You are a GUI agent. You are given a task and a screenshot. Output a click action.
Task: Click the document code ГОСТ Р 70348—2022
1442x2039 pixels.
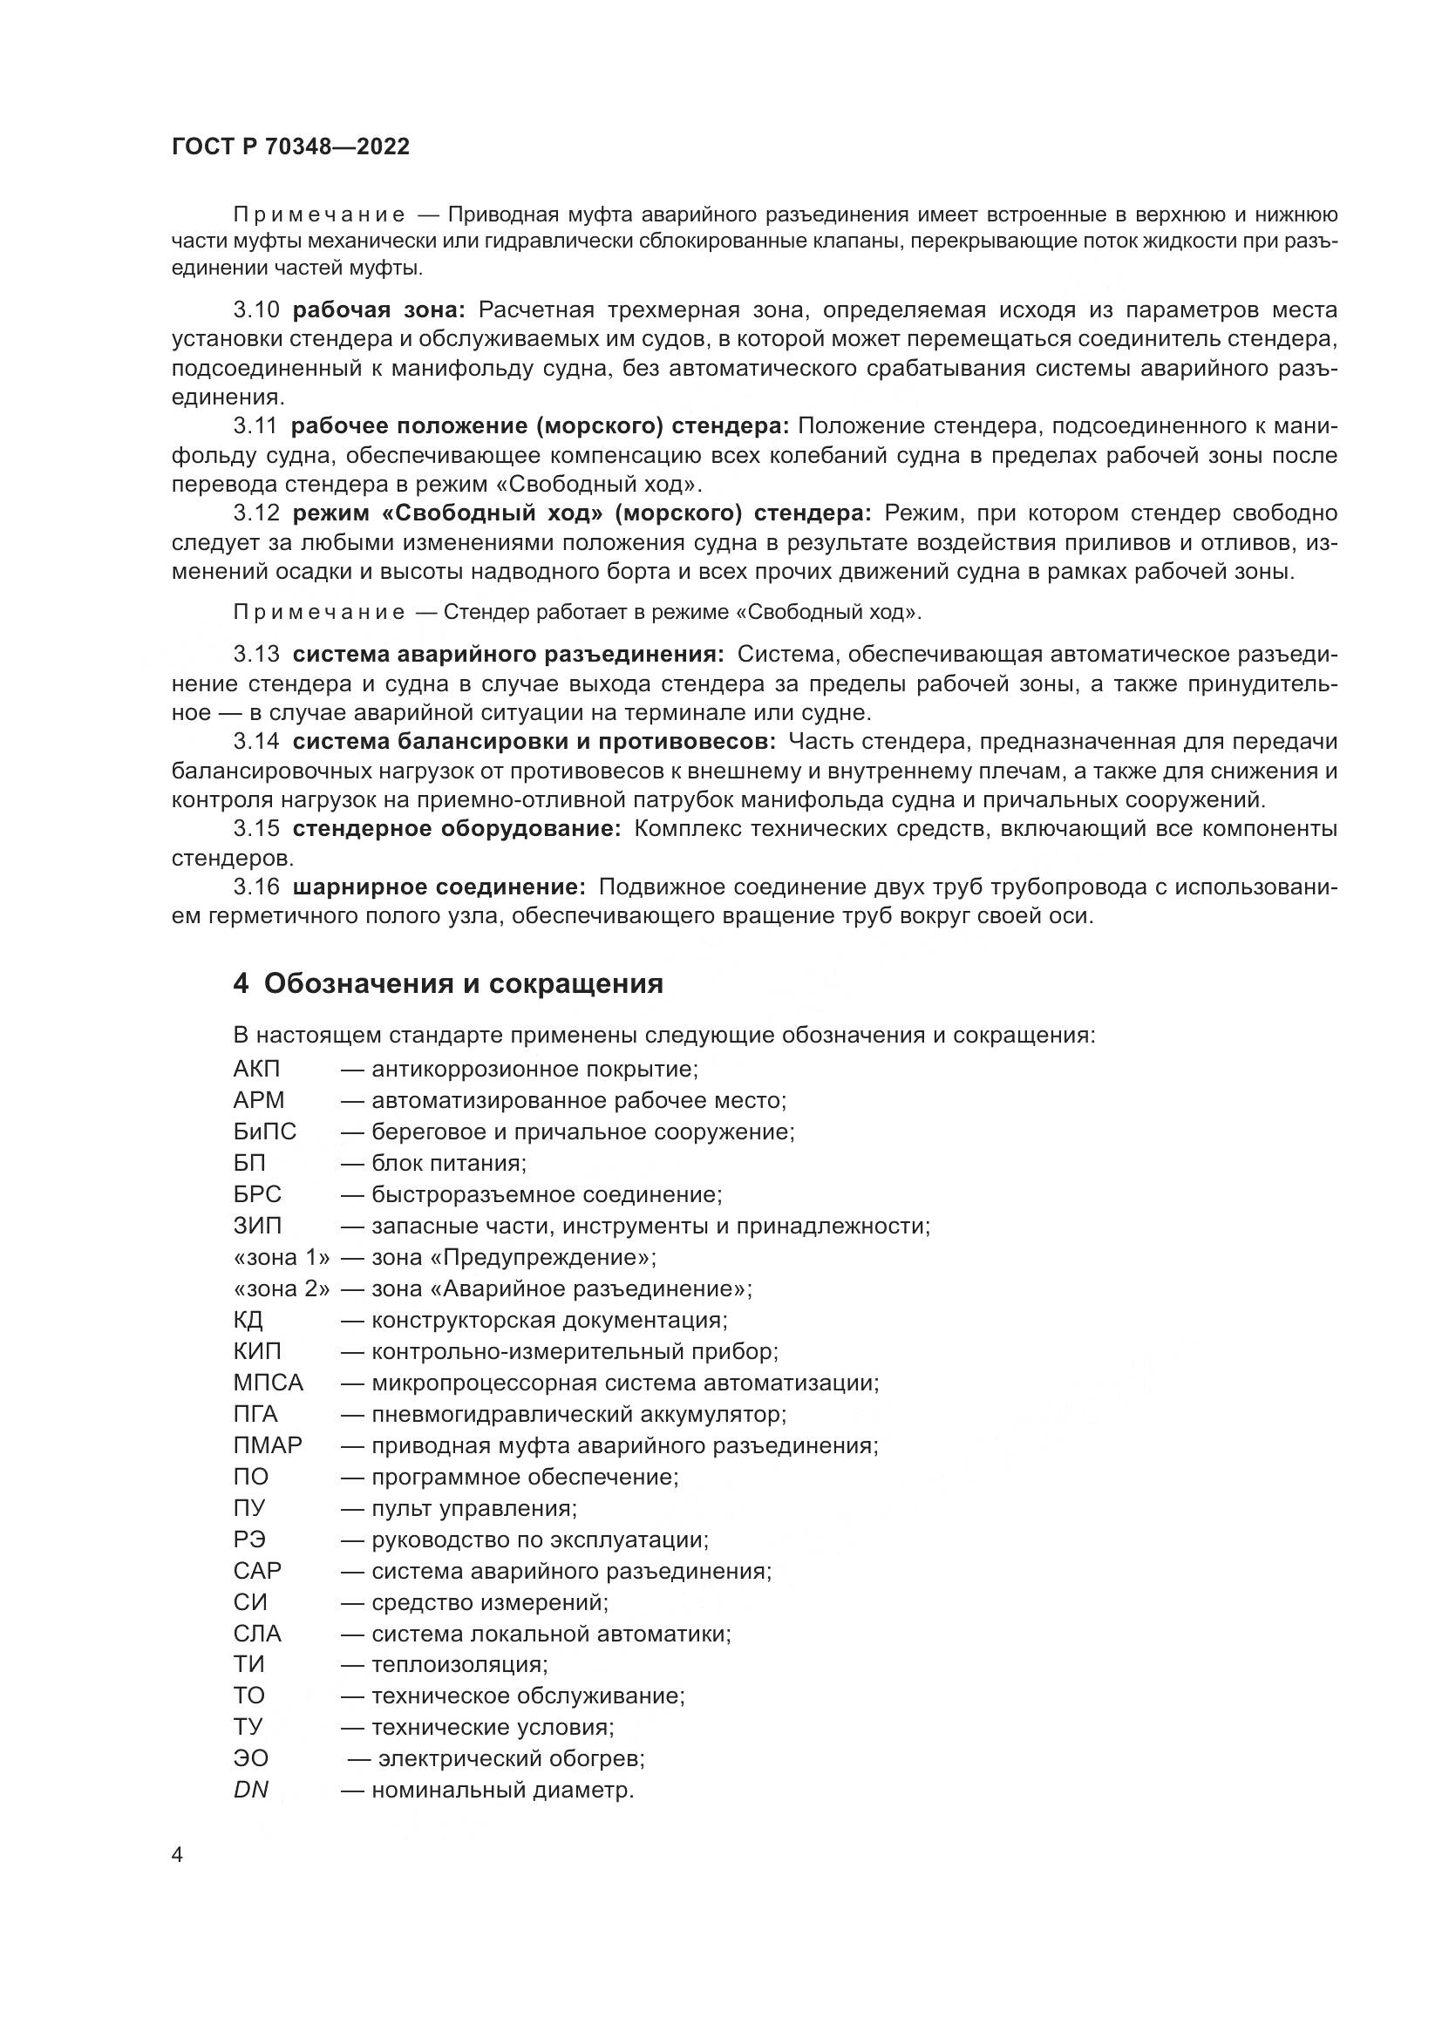tap(290, 147)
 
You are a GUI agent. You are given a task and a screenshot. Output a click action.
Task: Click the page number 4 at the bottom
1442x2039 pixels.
tap(177, 1854)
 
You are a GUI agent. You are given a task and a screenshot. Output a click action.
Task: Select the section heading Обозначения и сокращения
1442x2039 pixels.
tap(463, 984)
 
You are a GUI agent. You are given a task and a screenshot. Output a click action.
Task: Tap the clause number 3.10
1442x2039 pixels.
tap(256, 310)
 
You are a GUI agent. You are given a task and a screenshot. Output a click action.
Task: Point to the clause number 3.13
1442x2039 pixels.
tap(256, 655)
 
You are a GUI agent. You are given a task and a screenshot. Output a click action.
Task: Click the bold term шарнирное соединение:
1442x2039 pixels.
tap(439, 887)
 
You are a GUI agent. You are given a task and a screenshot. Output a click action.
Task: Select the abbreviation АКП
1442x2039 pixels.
tap(256, 1070)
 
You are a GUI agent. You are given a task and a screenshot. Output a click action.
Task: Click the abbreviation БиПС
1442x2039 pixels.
tap(265, 1132)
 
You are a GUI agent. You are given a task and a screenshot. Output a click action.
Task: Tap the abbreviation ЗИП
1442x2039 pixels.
tap(257, 1226)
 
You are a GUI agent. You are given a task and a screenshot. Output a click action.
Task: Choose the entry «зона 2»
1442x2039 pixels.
tap(282, 1288)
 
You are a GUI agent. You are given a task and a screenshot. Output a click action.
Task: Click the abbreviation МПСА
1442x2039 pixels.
tap(269, 1383)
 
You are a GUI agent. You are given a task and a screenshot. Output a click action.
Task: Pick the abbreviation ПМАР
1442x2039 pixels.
tap(269, 1444)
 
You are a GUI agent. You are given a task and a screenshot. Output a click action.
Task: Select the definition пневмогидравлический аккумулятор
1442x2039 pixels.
tap(579, 1414)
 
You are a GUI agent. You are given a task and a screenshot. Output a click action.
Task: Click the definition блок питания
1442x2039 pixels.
tap(448, 1164)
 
